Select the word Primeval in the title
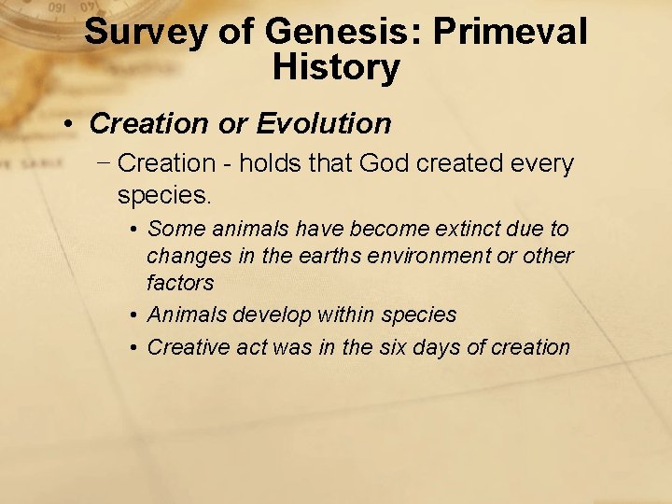tap(511, 34)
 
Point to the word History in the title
tap(336, 68)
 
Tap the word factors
tap(180, 282)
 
